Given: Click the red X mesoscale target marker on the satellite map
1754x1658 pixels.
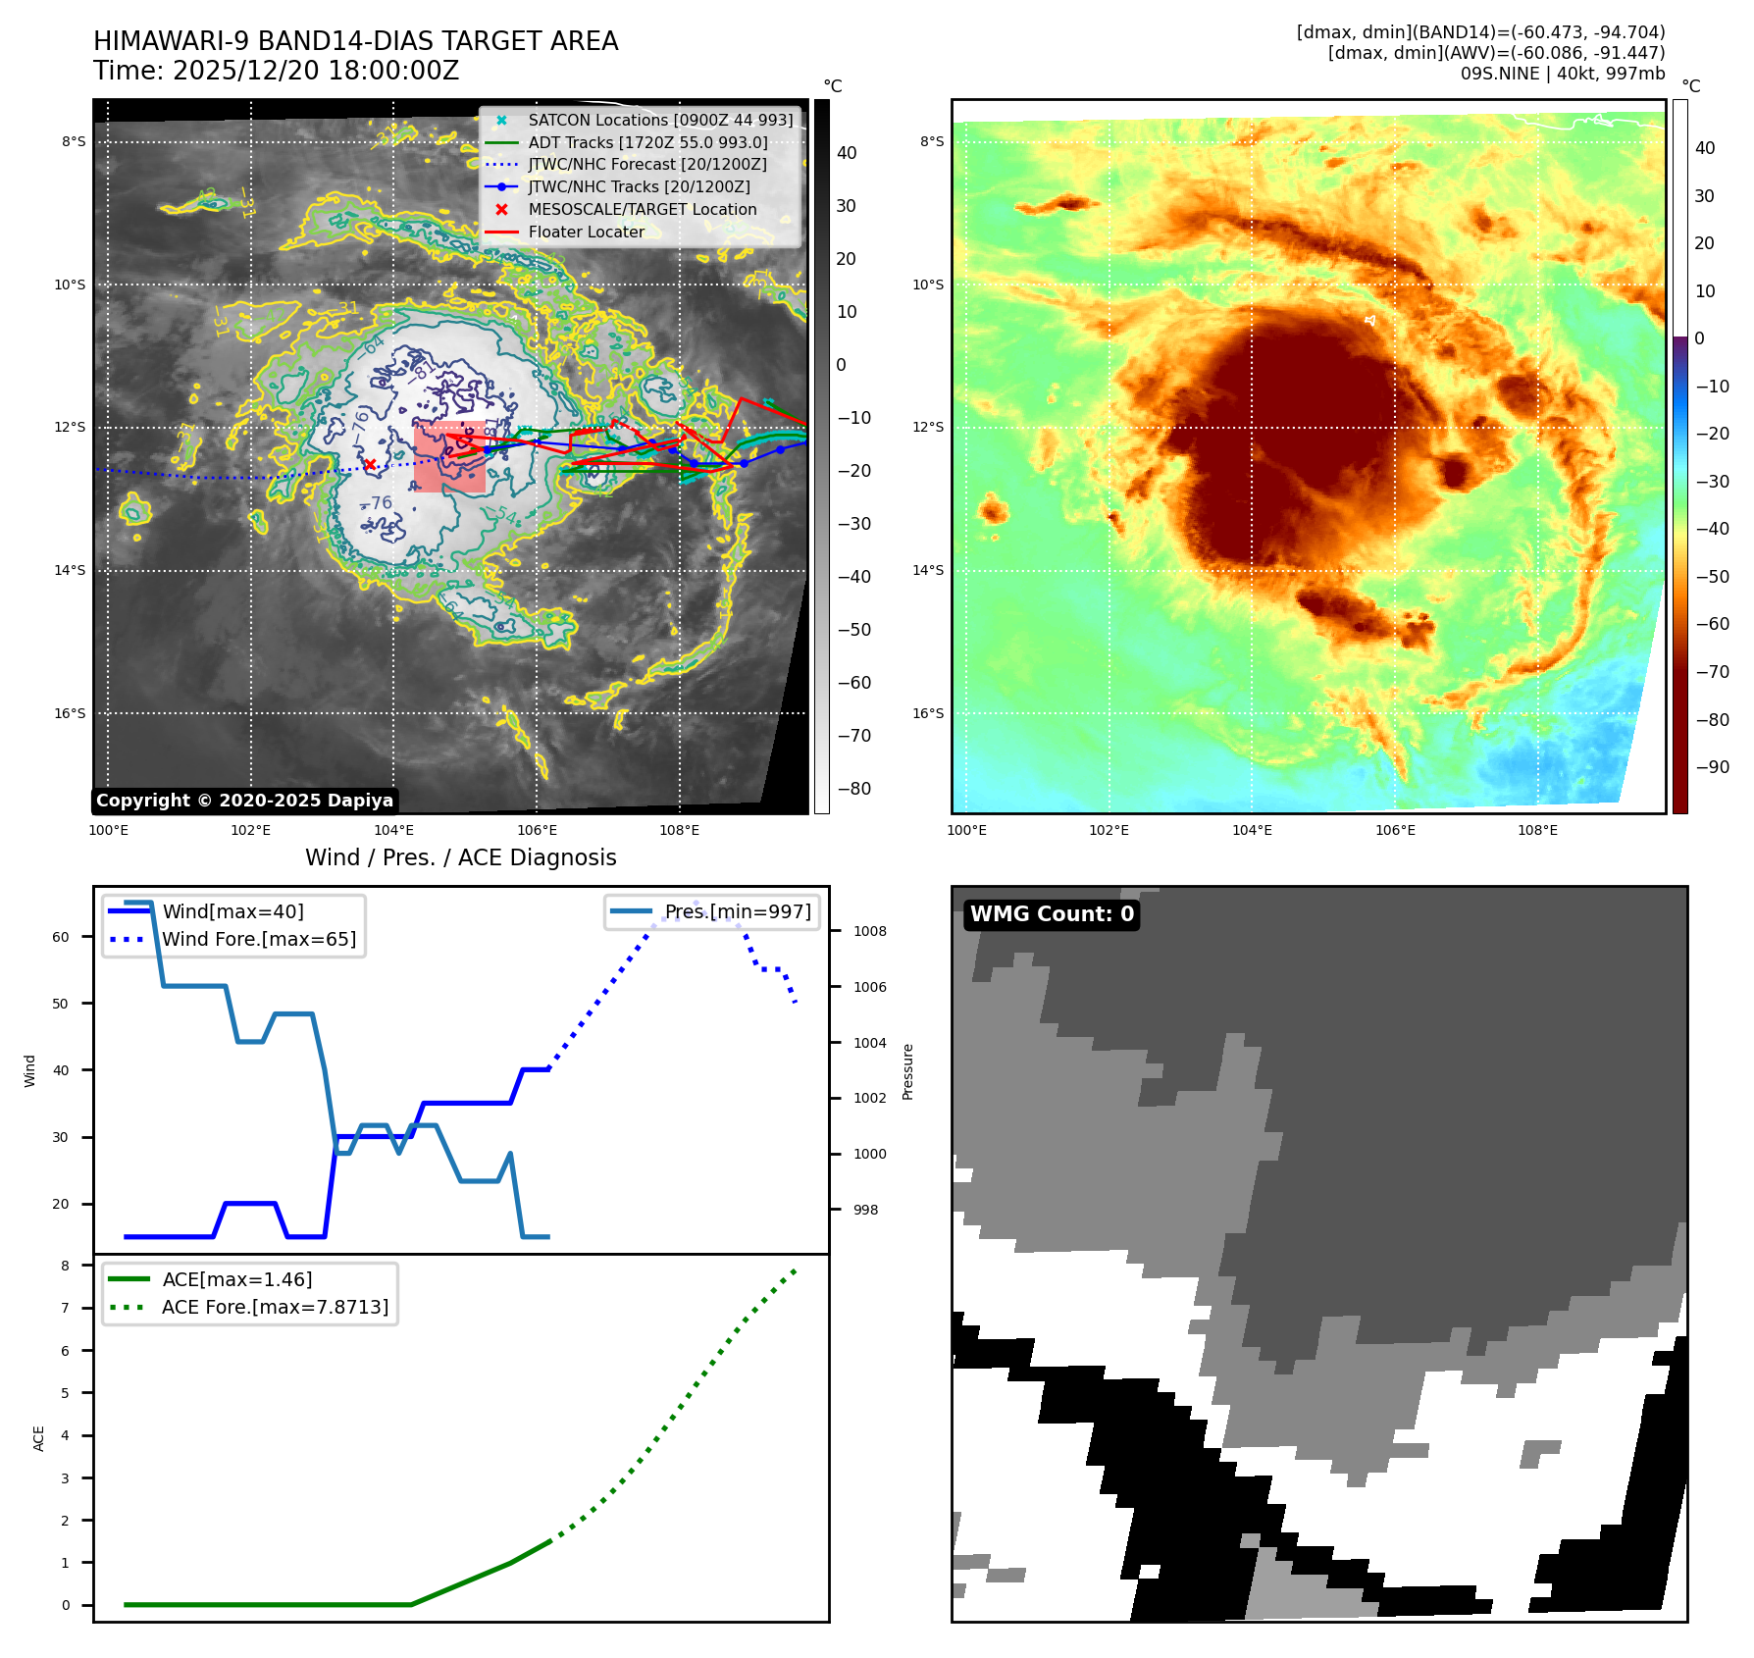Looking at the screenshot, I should click(370, 465).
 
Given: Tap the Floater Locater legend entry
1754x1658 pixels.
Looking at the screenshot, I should click(586, 232).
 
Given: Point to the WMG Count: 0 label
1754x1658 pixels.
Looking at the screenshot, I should click(1052, 914).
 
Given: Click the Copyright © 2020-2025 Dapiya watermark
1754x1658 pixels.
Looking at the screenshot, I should click(244, 801).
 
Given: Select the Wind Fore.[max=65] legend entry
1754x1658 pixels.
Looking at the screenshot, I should click(258, 939).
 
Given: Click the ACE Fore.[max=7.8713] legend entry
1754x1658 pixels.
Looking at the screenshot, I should click(275, 1307).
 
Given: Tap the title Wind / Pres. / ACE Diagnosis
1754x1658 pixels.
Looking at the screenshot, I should click(460, 857).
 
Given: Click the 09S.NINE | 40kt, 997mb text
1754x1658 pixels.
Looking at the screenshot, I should click(1562, 74).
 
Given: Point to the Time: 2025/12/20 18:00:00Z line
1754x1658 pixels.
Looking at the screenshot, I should click(276, 71).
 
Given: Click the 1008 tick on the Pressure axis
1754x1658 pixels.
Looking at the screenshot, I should click(869, 931).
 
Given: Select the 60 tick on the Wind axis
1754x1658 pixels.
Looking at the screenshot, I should click(61, 937).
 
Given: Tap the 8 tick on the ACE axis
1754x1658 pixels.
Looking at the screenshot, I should click(66, 1266).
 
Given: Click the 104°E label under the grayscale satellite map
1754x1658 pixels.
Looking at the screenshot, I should click(393, 830).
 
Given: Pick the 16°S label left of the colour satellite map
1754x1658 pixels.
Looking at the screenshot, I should click(927, 713).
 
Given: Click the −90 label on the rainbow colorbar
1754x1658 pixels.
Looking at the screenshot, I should click(1712, 767).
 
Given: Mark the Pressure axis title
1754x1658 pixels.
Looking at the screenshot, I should click(907, 1071).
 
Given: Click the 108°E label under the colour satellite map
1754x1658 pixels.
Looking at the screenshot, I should click(1537, 830).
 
